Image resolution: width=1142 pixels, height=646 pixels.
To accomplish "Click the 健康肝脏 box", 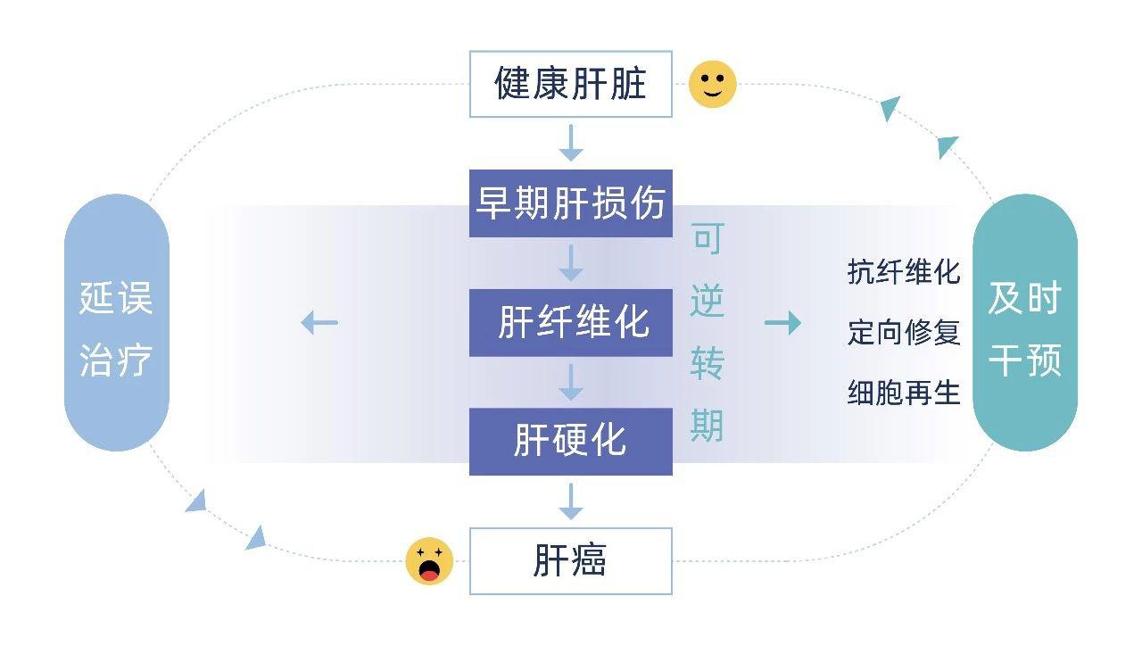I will click(570, 85).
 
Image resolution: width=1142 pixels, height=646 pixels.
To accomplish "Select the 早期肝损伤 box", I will click(570, 203).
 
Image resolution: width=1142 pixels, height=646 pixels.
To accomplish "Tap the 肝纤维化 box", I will click(570, 322).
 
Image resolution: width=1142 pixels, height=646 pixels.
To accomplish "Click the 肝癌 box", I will click(570, 561).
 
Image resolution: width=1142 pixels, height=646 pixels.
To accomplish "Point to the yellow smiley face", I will click(713, 85).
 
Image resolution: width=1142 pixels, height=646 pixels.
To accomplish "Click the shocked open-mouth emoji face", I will click(429, 561).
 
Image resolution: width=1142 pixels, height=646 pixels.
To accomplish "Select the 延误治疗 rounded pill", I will click(116, 323).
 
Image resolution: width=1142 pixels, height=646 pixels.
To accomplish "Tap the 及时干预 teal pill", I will click(1024, 323).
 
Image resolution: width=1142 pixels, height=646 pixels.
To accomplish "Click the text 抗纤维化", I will click(903, 272).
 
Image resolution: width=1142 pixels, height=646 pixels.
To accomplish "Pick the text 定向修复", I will click(903, 332).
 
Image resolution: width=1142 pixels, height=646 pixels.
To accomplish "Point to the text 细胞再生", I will click(903, 392).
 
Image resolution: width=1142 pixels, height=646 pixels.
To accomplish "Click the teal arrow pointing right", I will click(782, 323).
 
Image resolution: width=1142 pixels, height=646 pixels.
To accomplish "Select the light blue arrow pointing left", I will click(319, 322).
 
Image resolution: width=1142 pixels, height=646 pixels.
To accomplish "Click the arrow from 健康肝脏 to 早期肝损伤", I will click(570, 143).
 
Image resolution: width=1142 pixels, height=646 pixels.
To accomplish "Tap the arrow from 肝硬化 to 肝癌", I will click(570, 501).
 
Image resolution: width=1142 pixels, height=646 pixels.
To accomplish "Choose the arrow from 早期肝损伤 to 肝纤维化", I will click(570, 262).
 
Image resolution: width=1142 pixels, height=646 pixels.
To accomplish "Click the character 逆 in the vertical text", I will click(707, 301).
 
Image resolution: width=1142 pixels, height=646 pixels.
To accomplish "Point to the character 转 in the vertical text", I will click(707, 363).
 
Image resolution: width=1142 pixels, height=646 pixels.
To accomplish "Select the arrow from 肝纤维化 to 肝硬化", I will click(570, 382).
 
